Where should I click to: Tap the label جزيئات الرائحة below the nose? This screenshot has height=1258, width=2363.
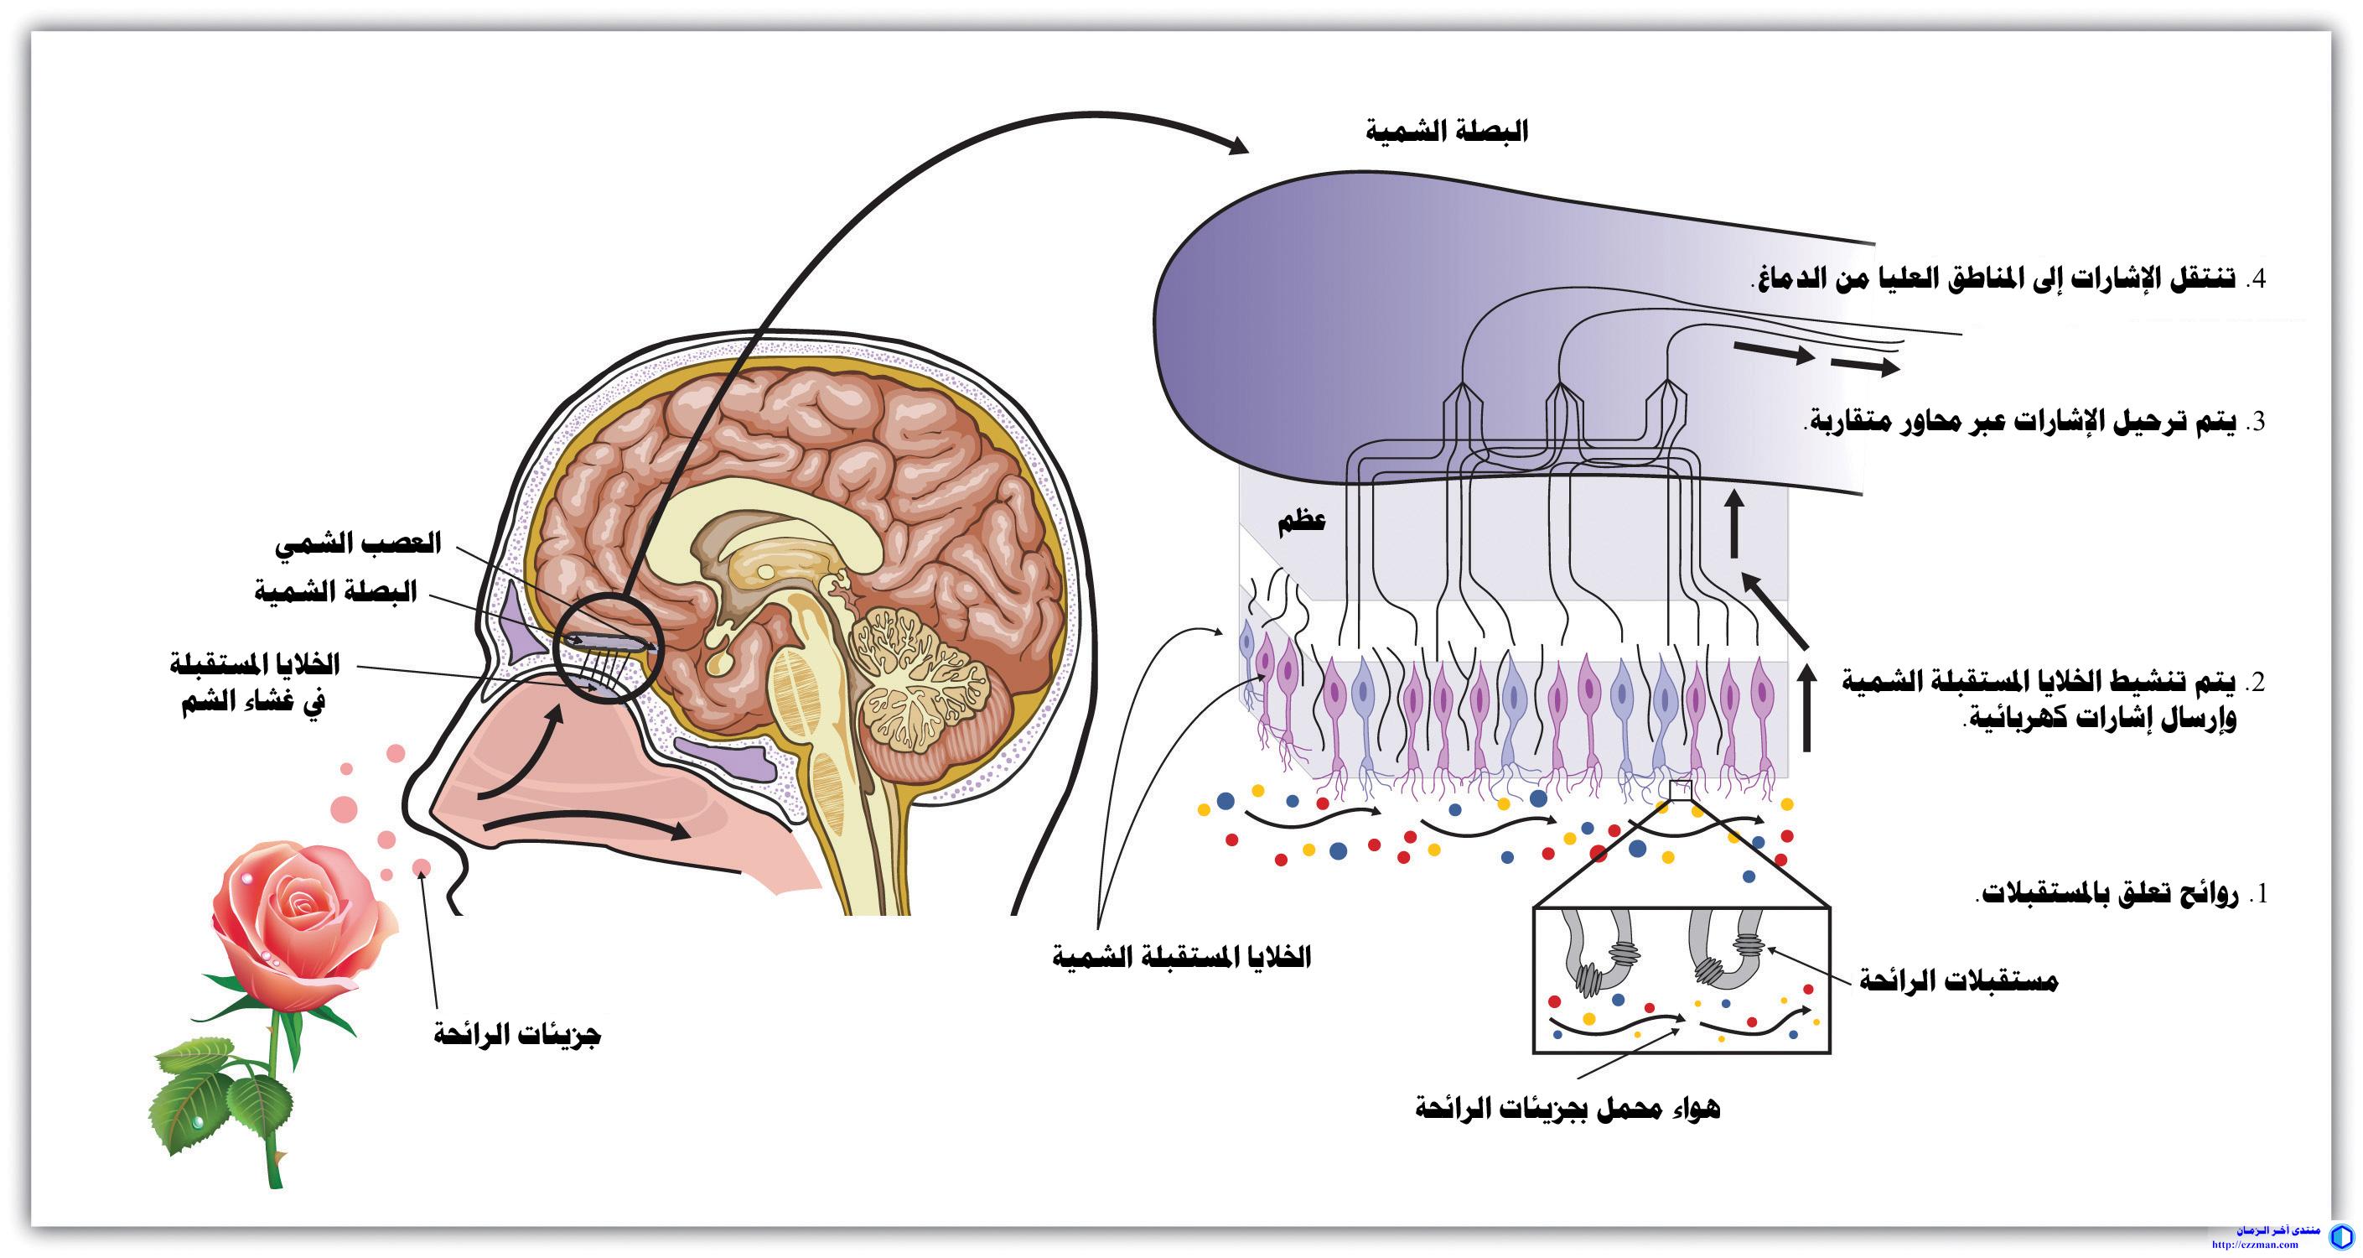tap(517, 1036)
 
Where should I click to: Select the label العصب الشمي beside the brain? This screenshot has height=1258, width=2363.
tap(359, 543)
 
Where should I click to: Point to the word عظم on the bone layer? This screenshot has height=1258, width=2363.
tap(1302, 522)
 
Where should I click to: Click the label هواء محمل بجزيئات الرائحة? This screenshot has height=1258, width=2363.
tap(1568, 1109)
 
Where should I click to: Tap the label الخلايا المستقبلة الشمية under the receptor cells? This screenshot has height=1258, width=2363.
tap(1183, 958)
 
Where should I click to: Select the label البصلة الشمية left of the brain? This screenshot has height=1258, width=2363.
tap(336, 592)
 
